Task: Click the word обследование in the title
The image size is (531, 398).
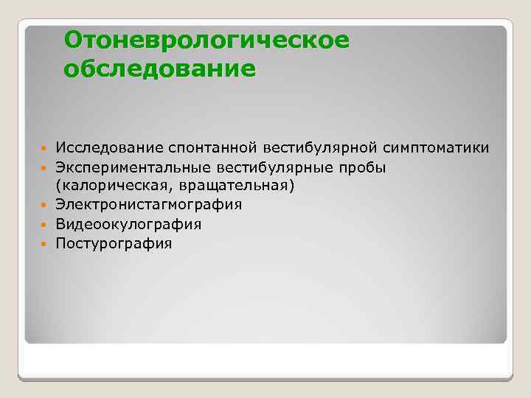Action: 160,69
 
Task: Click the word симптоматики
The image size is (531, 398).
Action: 435,148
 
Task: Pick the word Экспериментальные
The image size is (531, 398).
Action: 133,167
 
